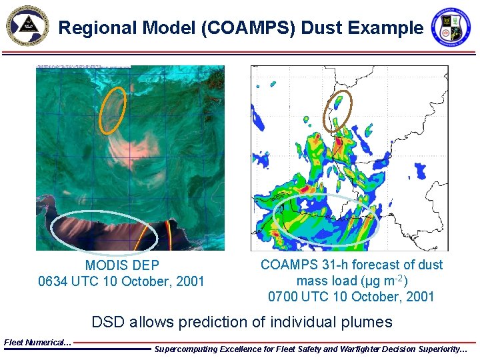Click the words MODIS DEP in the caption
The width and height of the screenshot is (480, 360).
(122, 265)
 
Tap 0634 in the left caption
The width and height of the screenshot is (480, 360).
(53, 281)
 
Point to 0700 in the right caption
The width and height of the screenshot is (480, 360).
(283, 297)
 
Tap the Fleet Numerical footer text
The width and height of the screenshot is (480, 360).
(37, 342)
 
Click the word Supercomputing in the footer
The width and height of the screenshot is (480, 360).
(187, 349)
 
